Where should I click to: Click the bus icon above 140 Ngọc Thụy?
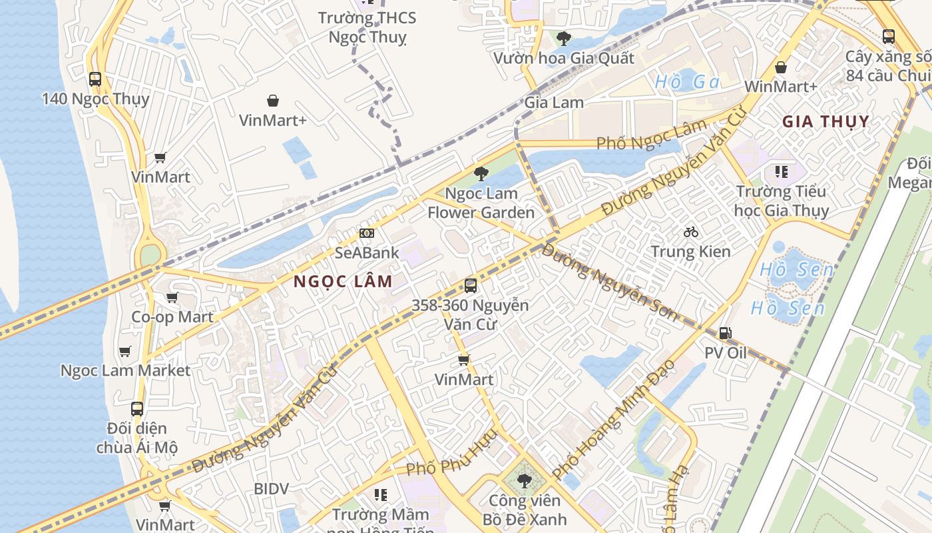pyautogui.click(x=95, y=79)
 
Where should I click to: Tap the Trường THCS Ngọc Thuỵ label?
pyautogui.click(x=367, y=27)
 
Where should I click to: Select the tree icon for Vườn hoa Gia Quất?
pyautogui.click(x=564, y=38)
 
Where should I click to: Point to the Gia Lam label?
pyautogui.click(x=554, y=103)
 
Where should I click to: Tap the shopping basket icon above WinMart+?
pyautogui.click(x=781, y=67)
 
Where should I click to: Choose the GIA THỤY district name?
pyautogui.click(x=825, y=121)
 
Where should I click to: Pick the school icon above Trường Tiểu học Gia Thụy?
pyautogui.click(x=782, y=172)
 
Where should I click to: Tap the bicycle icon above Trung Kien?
pyautogui.click(x=691, y=232)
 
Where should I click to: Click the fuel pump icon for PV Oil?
pyautogui.click(x=726, y=332)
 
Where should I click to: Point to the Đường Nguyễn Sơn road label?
pyautogui.click(x=610, y=282)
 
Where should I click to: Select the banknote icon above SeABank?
pyautogui.click(x=367, y=233)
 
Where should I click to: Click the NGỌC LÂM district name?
pyautogui.click(x=343, y=281)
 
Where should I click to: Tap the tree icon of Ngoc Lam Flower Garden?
pyautogui.click(x=481, y=174)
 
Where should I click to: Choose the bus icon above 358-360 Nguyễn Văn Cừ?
pyautogui.click(x=471, y=286)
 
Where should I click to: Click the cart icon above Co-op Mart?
pyautogui.click(x=172, y=297)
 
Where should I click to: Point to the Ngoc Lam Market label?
pyautogui.click(x=125, y=370)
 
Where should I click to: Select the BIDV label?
pyautogui.click(x=272, y=489)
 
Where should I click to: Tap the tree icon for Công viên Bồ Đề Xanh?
pyautogui.click(x=525, y=480)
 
